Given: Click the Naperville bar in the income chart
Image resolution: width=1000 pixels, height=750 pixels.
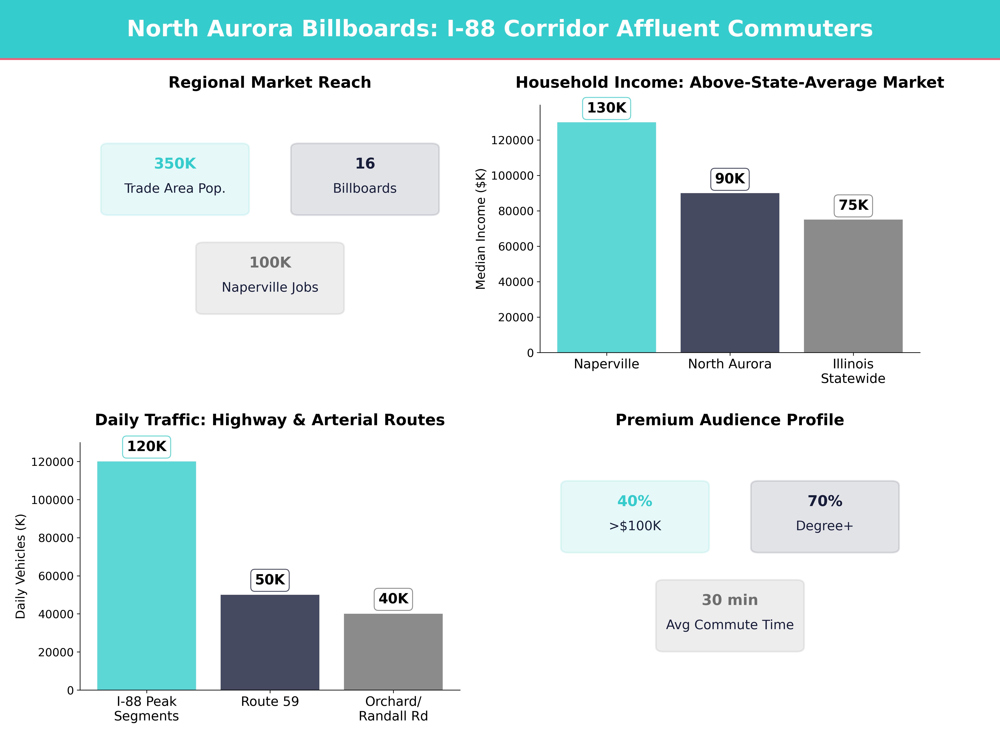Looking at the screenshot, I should (x=606, y=237).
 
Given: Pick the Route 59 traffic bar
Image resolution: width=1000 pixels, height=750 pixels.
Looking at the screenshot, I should (x=270, y=642).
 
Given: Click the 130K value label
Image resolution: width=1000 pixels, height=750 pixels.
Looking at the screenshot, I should (x=606, y=108).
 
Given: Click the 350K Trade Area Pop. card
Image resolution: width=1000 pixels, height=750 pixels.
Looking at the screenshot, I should (x=175, y=179).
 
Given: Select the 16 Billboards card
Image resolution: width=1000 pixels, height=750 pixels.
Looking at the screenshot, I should (x=365, y=179).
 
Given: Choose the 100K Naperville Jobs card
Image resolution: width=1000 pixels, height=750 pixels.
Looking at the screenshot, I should (x=270, y=278).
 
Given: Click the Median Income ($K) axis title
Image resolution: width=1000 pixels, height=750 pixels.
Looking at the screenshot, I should (x=480, y=229).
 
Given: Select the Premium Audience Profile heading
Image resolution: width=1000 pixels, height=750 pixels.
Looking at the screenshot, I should (x=730, y=420).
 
